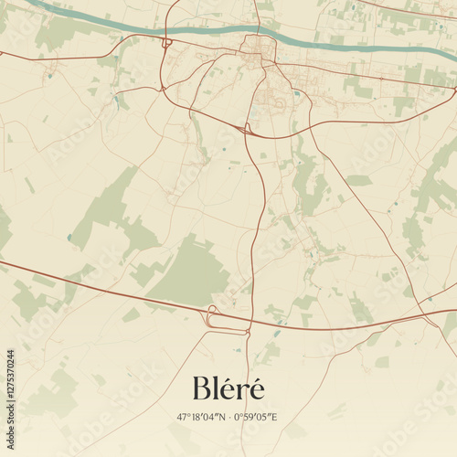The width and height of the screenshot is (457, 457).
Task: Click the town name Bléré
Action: click(x=228, y=388)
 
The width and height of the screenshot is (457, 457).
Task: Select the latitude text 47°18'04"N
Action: click(x=202, y=418)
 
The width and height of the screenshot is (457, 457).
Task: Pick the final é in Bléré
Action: click(x=256, y=389)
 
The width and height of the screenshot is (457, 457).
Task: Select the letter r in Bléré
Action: click(x=242, y=391)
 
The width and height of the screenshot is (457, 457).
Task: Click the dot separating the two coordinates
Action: click(x=229, y=418)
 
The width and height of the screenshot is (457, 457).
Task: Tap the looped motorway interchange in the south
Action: click(x=216, y=317)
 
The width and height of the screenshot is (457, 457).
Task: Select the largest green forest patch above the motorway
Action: click(x=187, y=270)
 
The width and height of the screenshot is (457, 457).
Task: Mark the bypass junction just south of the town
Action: click(x=246, y=129)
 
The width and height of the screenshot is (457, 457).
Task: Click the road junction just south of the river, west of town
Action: click(x=167, y=43)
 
